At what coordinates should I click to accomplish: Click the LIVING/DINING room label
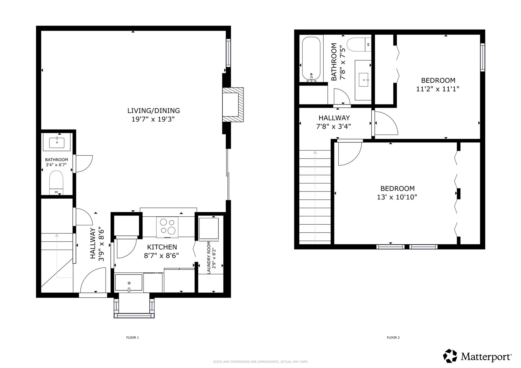tap(153, 111)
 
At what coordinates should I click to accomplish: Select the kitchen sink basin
tap(128, 283)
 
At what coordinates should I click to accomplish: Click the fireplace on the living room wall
tap(233, 105)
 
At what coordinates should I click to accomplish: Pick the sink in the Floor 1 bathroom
tap(57, 143)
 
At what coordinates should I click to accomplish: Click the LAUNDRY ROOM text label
tap(209, 258)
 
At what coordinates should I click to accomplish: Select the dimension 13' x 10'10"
tap(397, 197)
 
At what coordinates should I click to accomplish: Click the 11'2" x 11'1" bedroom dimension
tap(438, 89)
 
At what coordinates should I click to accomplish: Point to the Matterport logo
tap(477, 356)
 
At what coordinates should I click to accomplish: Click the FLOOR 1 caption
tap(133, 337)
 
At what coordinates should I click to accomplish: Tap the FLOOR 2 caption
tap(393, 337)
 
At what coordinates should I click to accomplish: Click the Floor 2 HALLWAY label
tap(334, 118)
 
